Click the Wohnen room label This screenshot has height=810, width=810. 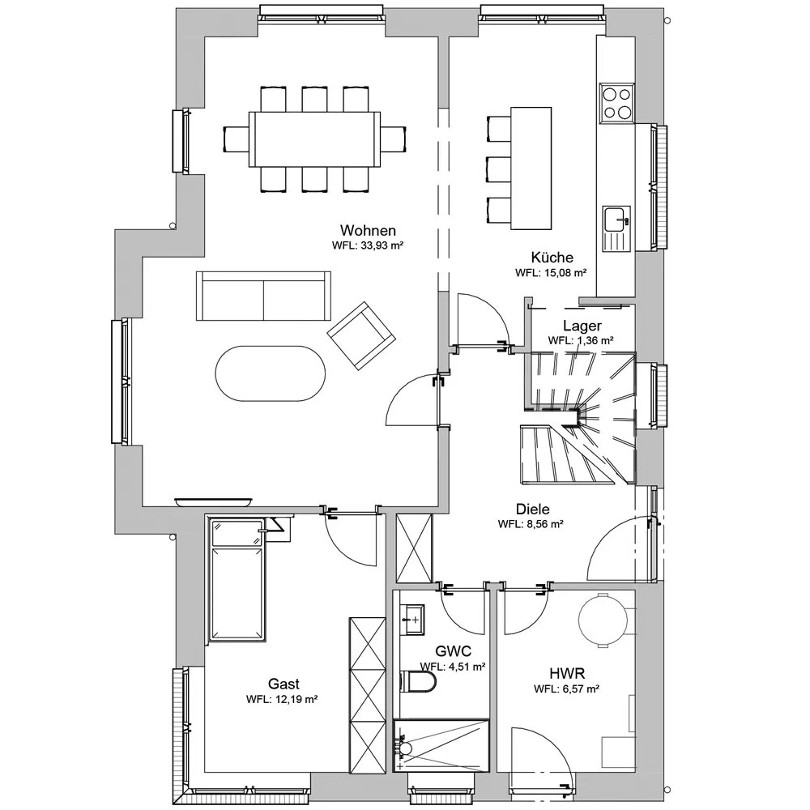pos(368,230)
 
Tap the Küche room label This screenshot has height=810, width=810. pos(552,258)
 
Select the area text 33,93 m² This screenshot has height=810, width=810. pos(382,245)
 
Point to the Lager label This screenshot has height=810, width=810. pos(582,326)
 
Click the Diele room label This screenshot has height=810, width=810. pos(533,509)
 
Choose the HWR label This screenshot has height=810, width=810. pos(567,674)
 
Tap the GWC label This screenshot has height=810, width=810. pos(453,651)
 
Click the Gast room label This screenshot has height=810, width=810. pos(283,684)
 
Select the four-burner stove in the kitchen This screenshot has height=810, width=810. pos(616,104)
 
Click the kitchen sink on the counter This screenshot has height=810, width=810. pos(616,228)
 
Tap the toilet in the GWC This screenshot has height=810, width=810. pos(419,680)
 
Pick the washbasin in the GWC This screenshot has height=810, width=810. pos(413,620)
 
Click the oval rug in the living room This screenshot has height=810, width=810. pos(271,373)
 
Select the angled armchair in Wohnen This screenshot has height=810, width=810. pos(361,336)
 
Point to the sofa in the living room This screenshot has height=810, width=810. pos(263,296)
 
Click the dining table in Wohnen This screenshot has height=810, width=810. pos(314,139)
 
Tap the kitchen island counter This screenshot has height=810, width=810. pos(531,168)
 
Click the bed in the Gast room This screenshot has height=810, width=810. pos(237,579)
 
